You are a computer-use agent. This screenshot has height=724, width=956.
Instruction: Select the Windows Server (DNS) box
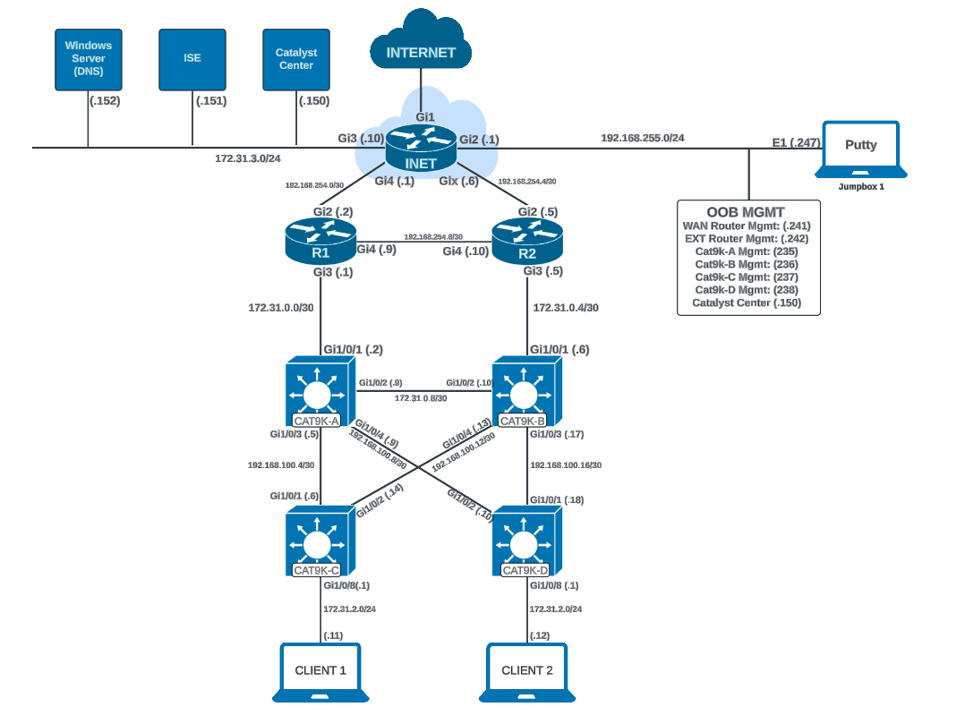(88, 59)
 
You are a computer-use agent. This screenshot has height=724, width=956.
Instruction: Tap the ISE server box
(192, 59)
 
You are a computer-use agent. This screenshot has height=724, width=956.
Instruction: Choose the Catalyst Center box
(295, 59)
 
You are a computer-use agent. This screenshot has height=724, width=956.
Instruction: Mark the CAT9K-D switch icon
(527, 542)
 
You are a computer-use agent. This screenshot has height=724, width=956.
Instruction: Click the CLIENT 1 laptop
(320, 672)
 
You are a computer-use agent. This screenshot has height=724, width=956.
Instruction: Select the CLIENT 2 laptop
(527, 672)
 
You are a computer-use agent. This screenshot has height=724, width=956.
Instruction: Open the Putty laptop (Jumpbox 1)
(860, 148)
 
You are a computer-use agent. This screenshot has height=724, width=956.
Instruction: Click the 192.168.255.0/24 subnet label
(642, 138)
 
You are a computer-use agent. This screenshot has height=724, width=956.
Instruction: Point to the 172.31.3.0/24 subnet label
(248, 158)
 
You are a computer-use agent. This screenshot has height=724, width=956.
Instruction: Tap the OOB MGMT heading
(747, 212)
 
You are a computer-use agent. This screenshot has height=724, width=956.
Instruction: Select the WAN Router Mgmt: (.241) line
(747, 226)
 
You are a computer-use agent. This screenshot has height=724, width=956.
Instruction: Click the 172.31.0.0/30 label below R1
(280, 307)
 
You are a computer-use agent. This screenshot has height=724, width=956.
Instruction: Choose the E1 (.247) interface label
(793, 141)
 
